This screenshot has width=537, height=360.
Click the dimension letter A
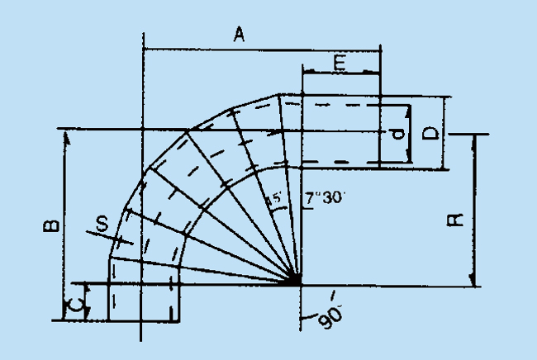pyautogui.click(x=239, y=34)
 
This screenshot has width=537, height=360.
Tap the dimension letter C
pyautogui.click(x=75, y=307)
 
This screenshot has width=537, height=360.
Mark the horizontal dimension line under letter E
pyautogui.click(x=340, y=73)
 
